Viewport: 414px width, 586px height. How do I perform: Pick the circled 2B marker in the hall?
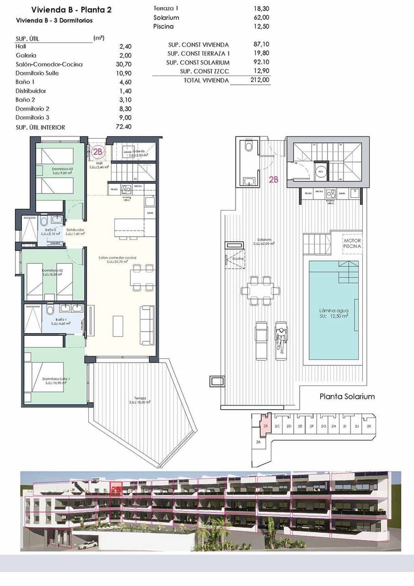point(98,152)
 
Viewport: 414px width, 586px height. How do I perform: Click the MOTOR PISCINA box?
point(352,244)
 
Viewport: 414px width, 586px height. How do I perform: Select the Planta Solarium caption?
point(347,396)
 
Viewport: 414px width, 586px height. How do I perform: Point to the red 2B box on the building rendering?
point(116,488)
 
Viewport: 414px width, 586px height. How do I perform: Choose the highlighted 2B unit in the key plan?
point(266,426)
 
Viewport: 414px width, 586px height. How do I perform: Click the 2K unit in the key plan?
point(369,426)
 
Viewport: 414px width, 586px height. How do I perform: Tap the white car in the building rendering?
point(87,545)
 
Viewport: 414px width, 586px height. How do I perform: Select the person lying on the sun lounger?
point(281,338)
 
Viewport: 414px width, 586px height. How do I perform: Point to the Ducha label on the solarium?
point(238,259)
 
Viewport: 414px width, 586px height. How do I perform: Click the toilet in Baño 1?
point(50,310)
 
